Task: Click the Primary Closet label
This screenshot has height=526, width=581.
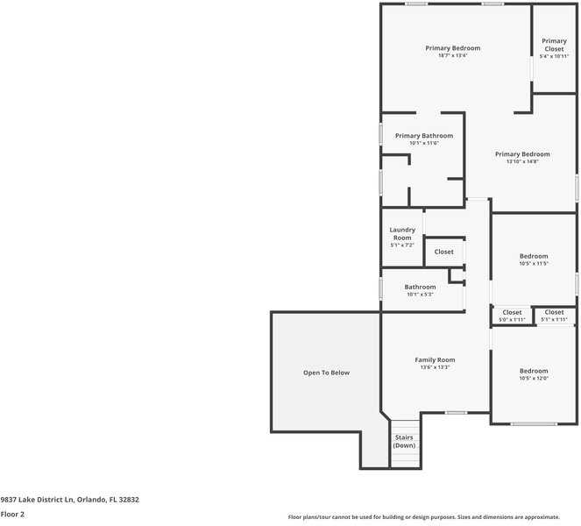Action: tap(554, 45)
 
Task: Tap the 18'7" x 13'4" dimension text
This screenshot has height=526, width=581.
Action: tap(452, 55)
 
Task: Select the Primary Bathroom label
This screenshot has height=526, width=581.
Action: tap(423, 136)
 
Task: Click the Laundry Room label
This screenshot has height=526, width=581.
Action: tap(402, 233)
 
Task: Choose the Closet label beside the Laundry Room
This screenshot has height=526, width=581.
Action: tap(444, 252)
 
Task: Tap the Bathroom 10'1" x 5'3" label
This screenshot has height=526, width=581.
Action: tap(420, 287)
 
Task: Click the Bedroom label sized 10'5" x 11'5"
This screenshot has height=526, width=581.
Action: tap(533, 256)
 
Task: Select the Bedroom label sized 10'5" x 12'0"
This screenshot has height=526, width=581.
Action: tap(533, 370)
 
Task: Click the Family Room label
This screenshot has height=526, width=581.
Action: tap(435, 359)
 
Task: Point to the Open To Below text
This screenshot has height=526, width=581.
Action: tap(326, 373)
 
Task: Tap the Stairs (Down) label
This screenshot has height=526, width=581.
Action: tap(404, 441)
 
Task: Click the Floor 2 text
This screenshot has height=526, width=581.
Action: tap(12, 515)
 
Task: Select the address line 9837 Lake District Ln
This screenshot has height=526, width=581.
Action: tap(69, 500)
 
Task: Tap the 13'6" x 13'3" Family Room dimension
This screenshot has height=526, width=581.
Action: tap(435, 367)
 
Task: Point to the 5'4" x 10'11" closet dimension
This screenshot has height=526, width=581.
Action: tap(554, 55)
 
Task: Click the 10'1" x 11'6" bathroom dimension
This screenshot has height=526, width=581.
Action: tap(423, 144)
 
